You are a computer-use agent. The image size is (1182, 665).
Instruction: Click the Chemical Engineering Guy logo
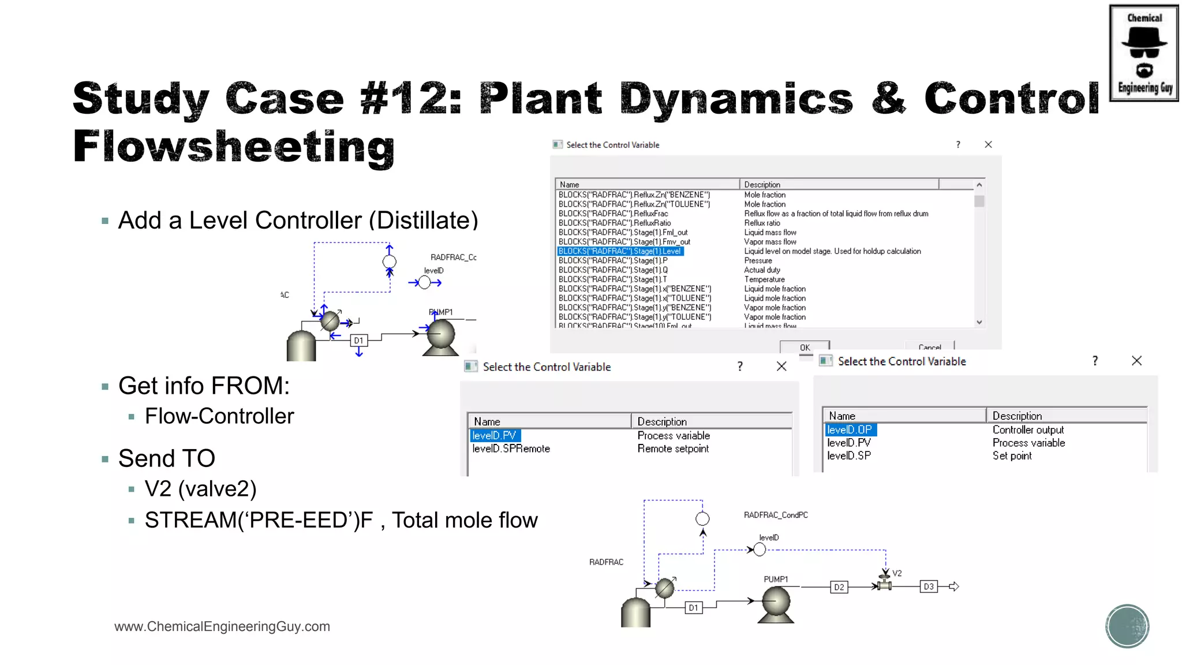pyautogui.click(x=1143, y=53)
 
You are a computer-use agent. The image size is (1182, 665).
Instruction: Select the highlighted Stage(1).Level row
pyautogui.click(x=620, y=251)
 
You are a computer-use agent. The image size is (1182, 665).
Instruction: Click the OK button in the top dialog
pyautogui.click(x=805, y=347)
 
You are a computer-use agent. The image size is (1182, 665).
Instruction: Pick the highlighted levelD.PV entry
pyautogui.click(x=495, y=435)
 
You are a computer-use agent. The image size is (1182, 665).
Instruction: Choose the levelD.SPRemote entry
pyautogui.click(x=511, y=449)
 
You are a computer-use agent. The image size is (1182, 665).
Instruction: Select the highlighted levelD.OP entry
pyautogui.click(x=850, y=429)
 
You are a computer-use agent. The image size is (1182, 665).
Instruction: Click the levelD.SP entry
pyautogui.click(x=848, y=455)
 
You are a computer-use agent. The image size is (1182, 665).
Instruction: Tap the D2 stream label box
pyautogui.click(x=839, y=587)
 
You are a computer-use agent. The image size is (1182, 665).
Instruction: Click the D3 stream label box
pyautogui.click(x=928, y=586)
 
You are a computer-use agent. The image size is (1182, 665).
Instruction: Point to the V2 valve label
pyautogui.click(x=897, y=573)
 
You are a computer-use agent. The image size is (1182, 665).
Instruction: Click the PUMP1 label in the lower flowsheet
pyautogui.click(x=775, y=579)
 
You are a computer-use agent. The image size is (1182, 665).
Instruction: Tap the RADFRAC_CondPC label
pyautogui.click(x=775, y=515)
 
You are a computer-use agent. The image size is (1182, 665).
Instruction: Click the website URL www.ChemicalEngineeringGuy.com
pyautogui.click(x=222, y=626)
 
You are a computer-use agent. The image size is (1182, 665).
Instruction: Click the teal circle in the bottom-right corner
pyautogui.click(x=1127, y=626)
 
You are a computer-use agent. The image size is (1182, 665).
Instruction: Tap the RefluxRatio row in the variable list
pyautogui.click(x=614, y=223)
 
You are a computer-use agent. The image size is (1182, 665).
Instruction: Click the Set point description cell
pyautogui.click(x=1012, y=455)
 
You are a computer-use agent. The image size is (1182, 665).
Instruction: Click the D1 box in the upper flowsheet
pyautogui.click(x=358, y=341)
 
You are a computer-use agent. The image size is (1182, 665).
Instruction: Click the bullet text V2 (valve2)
pyautogui.click(x=200, y=489)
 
